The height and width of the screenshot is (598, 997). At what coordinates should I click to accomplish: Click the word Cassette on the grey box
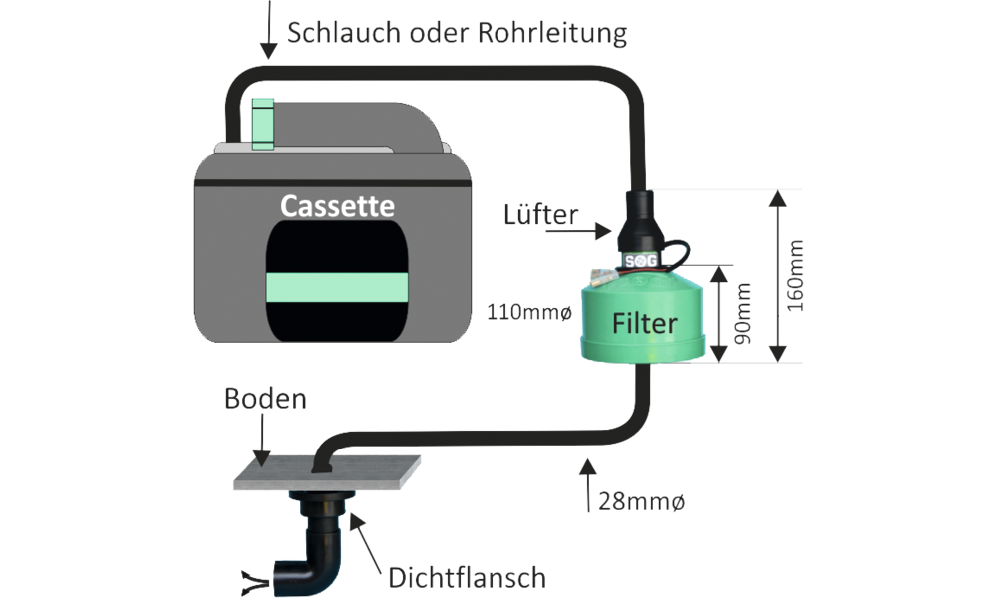[337, 206]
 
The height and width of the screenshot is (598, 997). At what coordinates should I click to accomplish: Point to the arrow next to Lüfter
[598, 232]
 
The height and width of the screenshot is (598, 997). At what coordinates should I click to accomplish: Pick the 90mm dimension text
[743, 311]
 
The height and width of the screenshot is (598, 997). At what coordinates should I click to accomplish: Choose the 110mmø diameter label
[529, 313]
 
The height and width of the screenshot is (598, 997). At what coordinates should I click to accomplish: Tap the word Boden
[266, 400]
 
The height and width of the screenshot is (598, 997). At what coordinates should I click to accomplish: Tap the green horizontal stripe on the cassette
[337, 287]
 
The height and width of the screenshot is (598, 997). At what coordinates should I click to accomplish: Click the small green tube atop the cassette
[263, 124]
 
